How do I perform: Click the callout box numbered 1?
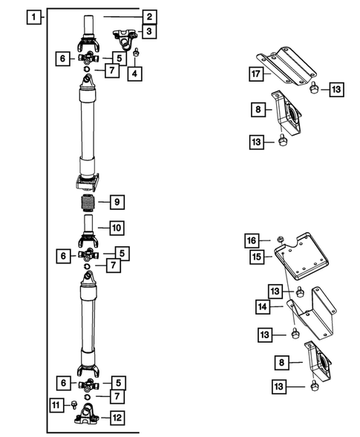pyautogui.click(x=33, y=16)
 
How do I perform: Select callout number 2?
pyautogui.click(x=149, y=16)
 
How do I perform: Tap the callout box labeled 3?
pyautogui.click(x=149, y=32)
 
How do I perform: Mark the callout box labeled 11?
pyautogui.click(x=57, y=404)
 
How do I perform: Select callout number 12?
pyautogui.click(x=117, y=418)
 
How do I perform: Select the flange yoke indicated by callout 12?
pyautogui.click(x=89, y=417)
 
